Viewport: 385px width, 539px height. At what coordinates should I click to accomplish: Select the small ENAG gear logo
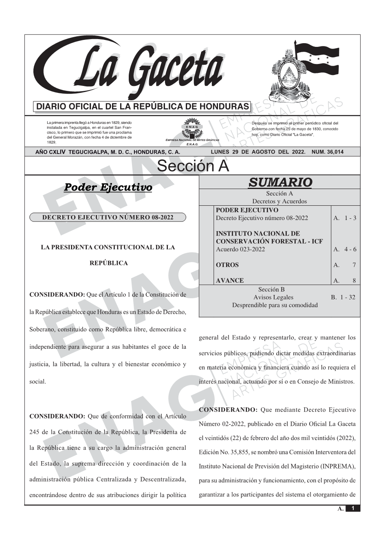(x=192, y=128)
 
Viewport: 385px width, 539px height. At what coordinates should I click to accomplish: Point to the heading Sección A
(x=193, y=166)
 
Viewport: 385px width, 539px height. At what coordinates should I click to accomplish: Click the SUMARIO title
(x=280, y=183)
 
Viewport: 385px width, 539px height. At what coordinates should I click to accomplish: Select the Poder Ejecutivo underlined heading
(x=108, y=187)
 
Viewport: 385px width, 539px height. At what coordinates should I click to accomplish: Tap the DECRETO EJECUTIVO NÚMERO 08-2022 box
(x=108, y=217)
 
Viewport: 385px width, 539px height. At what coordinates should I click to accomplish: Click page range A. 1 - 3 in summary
(x=345, y=218)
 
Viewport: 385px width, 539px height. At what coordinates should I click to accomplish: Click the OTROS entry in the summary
(x=227, y=265)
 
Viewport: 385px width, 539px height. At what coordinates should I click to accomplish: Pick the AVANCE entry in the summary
(x=230, y=281)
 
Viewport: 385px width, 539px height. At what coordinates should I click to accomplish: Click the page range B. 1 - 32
(x=343, y=297)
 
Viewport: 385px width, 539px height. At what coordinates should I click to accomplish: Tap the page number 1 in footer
(x=353, y=508)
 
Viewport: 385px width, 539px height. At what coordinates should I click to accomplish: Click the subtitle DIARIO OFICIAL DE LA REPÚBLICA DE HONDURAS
(x=143, y=107)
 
